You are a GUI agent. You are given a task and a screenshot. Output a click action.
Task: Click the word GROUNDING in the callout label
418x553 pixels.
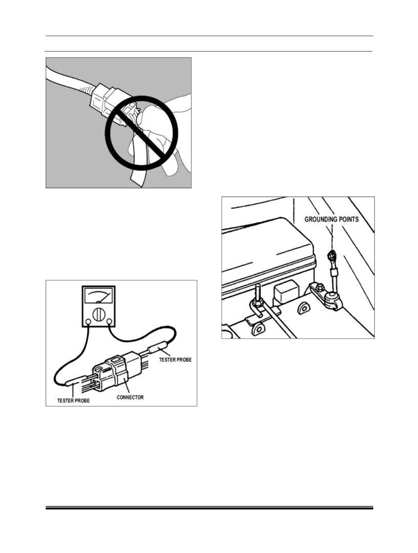[x=321, y=219]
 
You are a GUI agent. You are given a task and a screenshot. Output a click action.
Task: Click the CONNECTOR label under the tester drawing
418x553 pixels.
[x=130, y=397]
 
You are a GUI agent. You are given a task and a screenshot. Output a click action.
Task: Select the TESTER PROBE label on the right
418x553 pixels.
[x=175, y=360]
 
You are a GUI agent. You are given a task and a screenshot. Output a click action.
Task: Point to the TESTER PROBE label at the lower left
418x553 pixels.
[x=73, y=401]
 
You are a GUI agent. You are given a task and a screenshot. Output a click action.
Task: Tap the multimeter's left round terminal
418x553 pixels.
[x=88, y=322]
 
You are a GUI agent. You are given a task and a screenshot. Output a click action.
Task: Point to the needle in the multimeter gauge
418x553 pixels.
[x=104, y=297]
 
